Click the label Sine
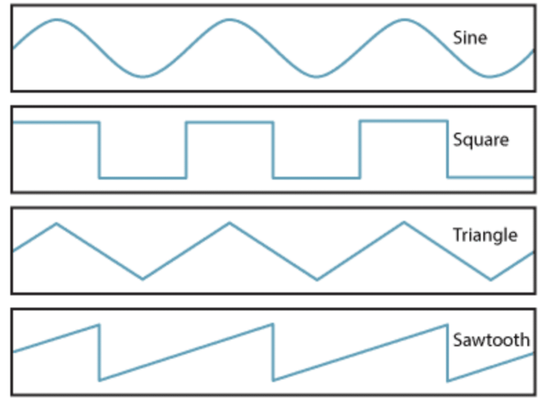click(x=470, y=38)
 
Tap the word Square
click(x=481, y=140)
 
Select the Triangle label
click(x=485, y=235)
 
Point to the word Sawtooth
click(x=491, y=340)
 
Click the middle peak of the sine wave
click(x=229, y=20)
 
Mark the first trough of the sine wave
click(x=142, y=76)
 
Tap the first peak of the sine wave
click(x=56, y=20)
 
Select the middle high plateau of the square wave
click(x=230, y=122)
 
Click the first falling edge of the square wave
click(x=99, y=150)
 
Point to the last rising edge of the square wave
click(x=360, y=150)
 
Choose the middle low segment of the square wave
click(x=316, y=177)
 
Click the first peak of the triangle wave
click(x=56, y=223)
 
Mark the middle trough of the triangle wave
click(x=317, y=279)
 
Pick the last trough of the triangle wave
click(x=491, y=279)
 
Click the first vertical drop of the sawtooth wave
click(x=99, y=353)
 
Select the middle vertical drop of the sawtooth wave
click(x=273, y=353)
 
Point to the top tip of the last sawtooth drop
click(x=447, y=325)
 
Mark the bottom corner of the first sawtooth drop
click(x=100, y=380)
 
